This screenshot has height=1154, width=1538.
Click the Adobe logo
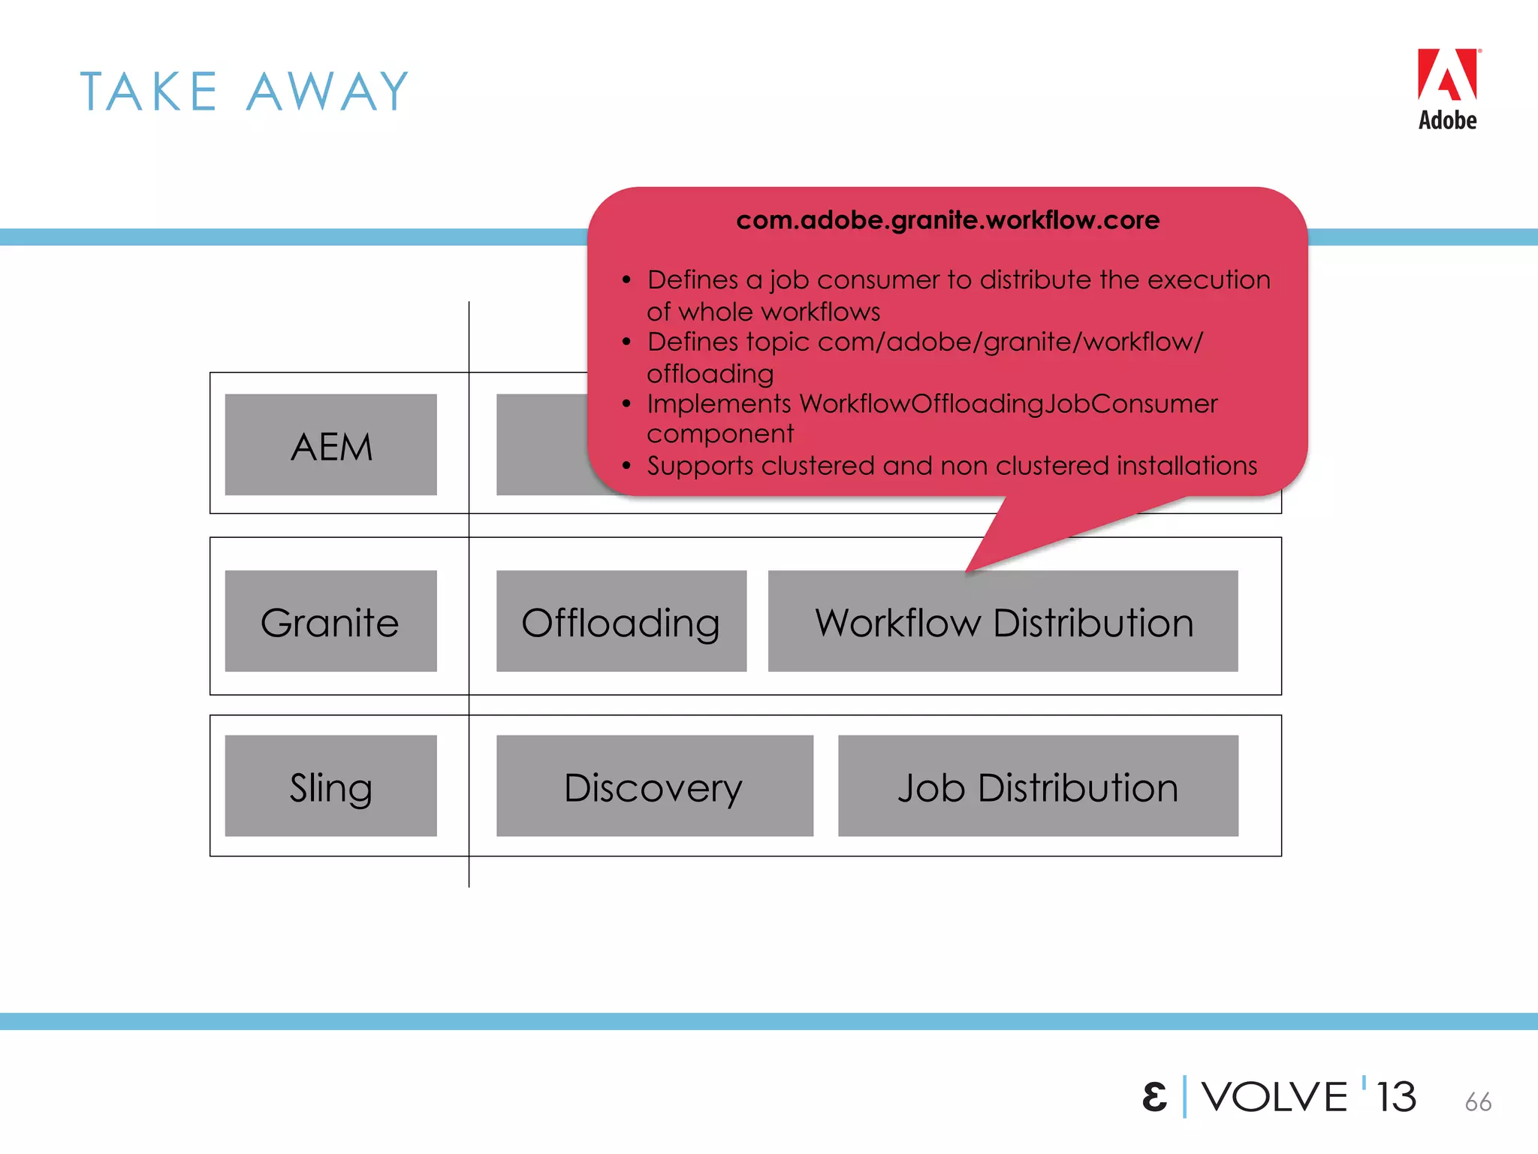tap(1447, 89)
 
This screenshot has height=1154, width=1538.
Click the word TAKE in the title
tap(149, 92)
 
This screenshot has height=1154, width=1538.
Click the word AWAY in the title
tap(328, 92)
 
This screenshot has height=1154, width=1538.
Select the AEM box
tap(330, 445)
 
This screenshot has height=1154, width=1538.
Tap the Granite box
tap(330, 621)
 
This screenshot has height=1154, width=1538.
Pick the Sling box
tap(330, 786)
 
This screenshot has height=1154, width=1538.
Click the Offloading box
tap(621, 621)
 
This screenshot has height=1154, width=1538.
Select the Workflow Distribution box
tap(1003, 621)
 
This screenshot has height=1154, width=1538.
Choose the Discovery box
tap(654, 786)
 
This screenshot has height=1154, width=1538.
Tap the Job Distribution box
tap(1038, 786)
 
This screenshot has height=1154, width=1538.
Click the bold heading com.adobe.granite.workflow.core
tap(948, 220)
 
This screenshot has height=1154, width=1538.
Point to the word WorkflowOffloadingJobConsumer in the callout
tap(1008, 404)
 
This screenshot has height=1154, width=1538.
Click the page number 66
tap(1477, 1102)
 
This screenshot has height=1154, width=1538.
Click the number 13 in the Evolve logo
tap(1396, 1097)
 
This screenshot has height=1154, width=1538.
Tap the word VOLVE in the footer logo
tap(1274, 1097)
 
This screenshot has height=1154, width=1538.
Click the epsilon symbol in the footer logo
tap(1154, 1098)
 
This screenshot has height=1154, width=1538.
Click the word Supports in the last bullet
tap(700, 467)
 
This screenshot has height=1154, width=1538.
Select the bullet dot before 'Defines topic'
tap(626, 343)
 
